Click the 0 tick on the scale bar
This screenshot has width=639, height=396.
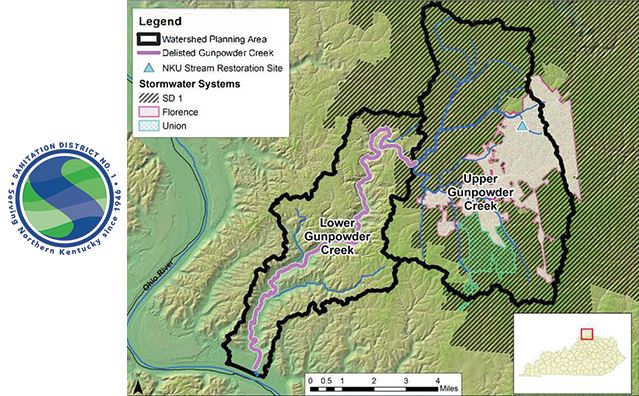pyautogui.click(x=311, y=381)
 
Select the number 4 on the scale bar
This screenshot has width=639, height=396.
pyautogui.click(x=436, y=381)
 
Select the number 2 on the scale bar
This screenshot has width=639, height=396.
pyautogui.click(x=373, y=381)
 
